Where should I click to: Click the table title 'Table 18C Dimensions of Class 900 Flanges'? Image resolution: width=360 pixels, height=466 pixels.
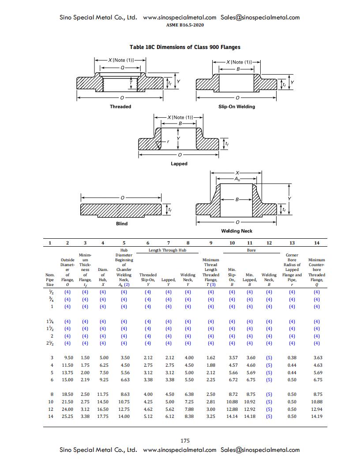185,47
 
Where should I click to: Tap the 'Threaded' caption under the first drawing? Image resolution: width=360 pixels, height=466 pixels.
120,106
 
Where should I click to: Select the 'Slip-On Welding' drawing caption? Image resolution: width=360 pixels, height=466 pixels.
236,106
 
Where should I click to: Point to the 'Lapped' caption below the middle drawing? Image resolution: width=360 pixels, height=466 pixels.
179,164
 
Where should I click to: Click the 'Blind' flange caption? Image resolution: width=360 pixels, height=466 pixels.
122,224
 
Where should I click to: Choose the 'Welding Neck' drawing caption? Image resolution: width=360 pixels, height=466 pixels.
237,231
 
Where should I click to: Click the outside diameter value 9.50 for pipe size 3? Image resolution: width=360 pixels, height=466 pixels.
68,358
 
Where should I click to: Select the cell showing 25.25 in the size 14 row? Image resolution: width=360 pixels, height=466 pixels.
67,416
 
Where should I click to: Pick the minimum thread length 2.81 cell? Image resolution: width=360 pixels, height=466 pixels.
211,402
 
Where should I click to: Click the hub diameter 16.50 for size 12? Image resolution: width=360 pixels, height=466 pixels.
102,409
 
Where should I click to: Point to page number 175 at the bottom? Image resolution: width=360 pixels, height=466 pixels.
185,440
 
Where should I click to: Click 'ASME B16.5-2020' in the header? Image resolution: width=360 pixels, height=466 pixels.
185,25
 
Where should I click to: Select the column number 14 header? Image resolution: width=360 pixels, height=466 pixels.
316,243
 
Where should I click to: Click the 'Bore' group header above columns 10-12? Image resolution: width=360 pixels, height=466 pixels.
250,250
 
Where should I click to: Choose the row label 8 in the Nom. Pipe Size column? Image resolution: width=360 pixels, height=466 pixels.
52,394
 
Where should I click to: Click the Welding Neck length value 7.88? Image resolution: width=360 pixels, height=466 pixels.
188,409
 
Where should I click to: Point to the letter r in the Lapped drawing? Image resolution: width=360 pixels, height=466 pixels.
168,142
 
